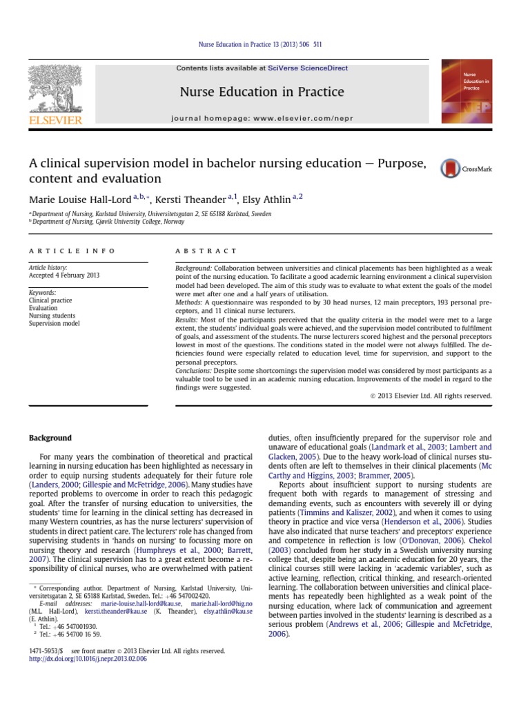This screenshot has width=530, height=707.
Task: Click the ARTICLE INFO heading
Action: click(72, 251)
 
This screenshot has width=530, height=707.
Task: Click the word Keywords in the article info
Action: click(43, 293)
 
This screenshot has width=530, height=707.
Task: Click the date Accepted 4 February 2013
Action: click(64, 275)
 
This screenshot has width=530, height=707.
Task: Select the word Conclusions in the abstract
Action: click(195, 371)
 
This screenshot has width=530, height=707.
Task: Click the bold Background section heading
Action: click(50, 438)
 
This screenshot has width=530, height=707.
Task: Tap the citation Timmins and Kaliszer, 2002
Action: click(337, 514)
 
